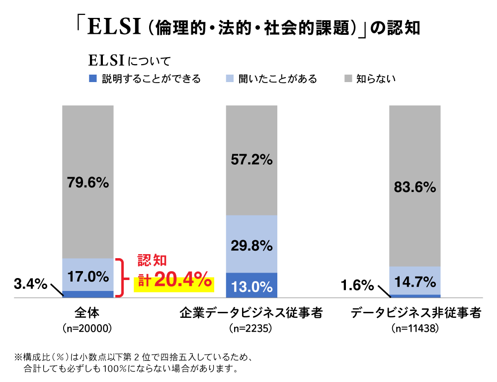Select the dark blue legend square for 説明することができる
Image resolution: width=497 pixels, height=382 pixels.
92,79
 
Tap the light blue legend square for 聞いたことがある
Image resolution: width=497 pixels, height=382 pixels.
230,79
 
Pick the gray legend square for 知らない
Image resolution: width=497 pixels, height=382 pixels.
348,79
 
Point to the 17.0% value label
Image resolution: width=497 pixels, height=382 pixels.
88,275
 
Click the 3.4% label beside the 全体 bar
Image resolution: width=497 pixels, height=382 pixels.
30,285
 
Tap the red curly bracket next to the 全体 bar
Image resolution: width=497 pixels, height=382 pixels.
119,278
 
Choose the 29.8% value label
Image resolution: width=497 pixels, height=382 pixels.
251,246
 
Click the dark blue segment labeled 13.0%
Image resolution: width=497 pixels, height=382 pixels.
251,286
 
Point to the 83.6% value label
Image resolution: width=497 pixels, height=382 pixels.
415,187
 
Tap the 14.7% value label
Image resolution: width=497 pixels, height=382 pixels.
415,283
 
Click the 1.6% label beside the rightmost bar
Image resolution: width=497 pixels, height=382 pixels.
357,285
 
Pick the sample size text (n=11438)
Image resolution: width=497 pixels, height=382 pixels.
415,329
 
